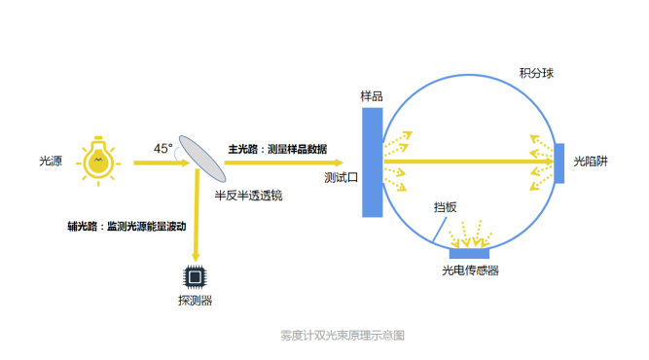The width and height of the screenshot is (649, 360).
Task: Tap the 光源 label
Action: (x=51, y=162)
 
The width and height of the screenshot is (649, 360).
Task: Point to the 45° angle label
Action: (x=162, y=149)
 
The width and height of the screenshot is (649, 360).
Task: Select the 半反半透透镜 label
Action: (x=248, y=195)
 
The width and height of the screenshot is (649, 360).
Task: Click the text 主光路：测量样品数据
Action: (x=277, y=149)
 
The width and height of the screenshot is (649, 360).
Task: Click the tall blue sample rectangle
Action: (x=373, y=162)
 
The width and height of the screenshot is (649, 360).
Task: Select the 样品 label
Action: (x=371, y=96)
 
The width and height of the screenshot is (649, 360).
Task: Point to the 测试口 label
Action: (x=342, y=179)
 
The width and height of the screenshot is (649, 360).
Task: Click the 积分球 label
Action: (x=536, y=74)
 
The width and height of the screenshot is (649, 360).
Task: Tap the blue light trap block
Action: (x=559, y=162)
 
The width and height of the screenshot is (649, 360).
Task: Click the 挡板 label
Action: (x=446, y=207)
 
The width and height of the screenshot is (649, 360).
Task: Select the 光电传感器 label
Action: (x=470, y=271)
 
